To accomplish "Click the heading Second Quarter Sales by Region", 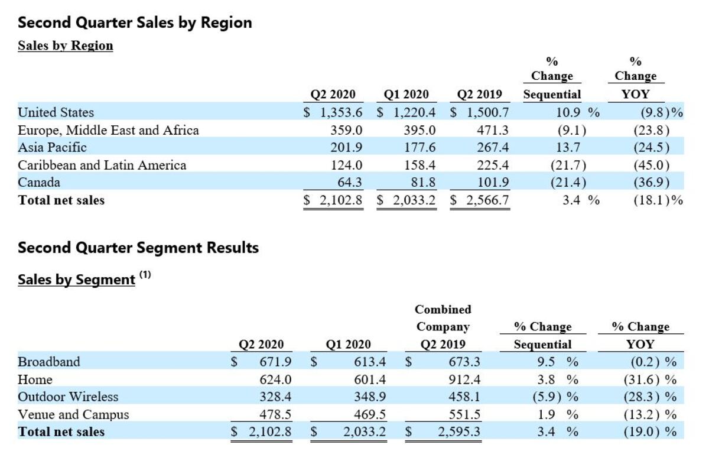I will pyautogui.click(x=135, y=22).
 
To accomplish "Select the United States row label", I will pyautogui.click(x=56, y=112).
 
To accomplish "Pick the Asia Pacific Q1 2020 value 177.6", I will pyautogui.click(x=419, y=147).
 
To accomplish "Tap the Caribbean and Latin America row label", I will pyautogui.click(x=102, y=165).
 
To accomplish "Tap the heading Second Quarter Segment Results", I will pyautogui.click(x=138, y=247).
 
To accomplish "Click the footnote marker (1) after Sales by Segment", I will pyautogui.click(x=145, y=275).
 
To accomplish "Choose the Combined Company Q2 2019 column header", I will pyautogui.click(x=443, y=326).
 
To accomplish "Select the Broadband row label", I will pyautogui.click(x=48, y=362).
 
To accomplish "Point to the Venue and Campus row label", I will pyautogui.click(x=73, y=414).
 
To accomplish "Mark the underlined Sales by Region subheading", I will pyautogui.click(x=65, y=46).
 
